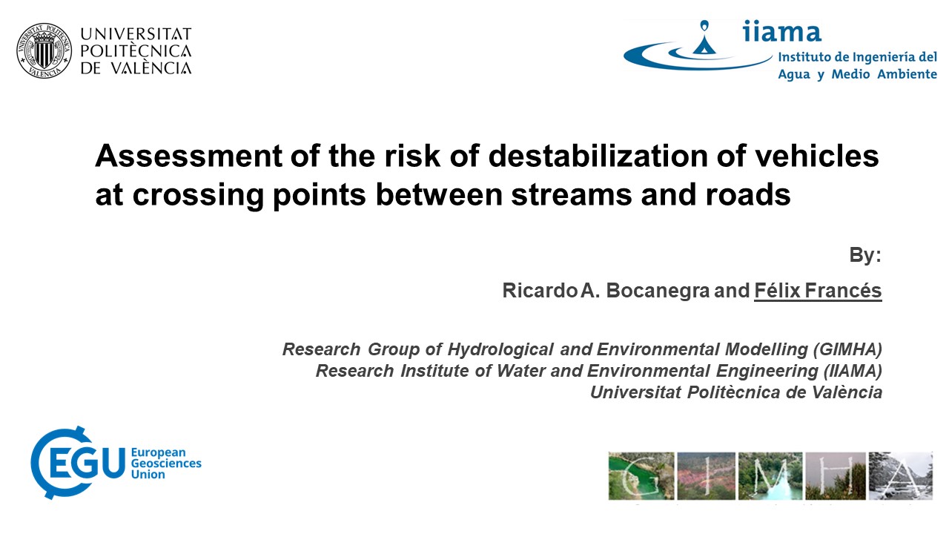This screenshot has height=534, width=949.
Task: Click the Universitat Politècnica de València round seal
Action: (x=44, y=51)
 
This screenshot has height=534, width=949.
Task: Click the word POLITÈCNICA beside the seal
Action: (x=136, y=51)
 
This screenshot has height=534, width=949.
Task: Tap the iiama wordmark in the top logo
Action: (x=781, y=31)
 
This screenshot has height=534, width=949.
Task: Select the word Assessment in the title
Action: (x=189, y=156)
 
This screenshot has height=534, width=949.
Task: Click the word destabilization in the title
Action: (x=598, y=156)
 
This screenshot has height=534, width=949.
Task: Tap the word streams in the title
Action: (x=572, y=195)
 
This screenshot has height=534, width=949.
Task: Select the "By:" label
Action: (x=865, y=255)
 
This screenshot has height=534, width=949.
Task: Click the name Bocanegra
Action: (x=658, y=291)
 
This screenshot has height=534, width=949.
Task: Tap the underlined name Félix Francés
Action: (x=818, y=291)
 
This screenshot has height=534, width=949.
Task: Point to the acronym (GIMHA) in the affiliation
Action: (x=847, y=349)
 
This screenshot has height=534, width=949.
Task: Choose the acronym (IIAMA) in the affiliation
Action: (x=853, y=371)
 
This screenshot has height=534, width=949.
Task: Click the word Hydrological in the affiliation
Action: (x=500, y=349)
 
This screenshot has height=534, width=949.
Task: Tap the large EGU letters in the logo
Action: (x=87, y=463)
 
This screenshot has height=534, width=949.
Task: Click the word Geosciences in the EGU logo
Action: (x=166, y=464)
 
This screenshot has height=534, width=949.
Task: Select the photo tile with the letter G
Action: (x=641, y=476)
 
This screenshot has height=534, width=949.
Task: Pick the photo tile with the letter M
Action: (x=770, y=476)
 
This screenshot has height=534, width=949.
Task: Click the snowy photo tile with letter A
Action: (x=901, y=476)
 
